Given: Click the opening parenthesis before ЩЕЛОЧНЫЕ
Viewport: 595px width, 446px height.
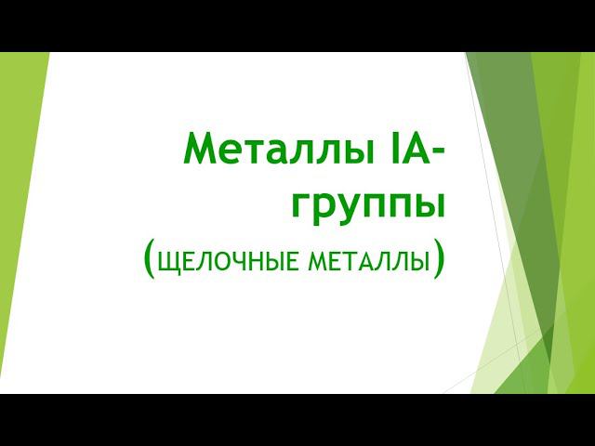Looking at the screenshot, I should coord(151,259).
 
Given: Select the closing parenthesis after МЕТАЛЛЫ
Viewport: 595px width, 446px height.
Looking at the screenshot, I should coord(438,259).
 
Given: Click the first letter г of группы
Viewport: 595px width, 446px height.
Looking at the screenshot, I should coord(302,206).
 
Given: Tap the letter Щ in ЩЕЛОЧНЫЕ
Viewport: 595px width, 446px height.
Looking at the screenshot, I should coord(168,262).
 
